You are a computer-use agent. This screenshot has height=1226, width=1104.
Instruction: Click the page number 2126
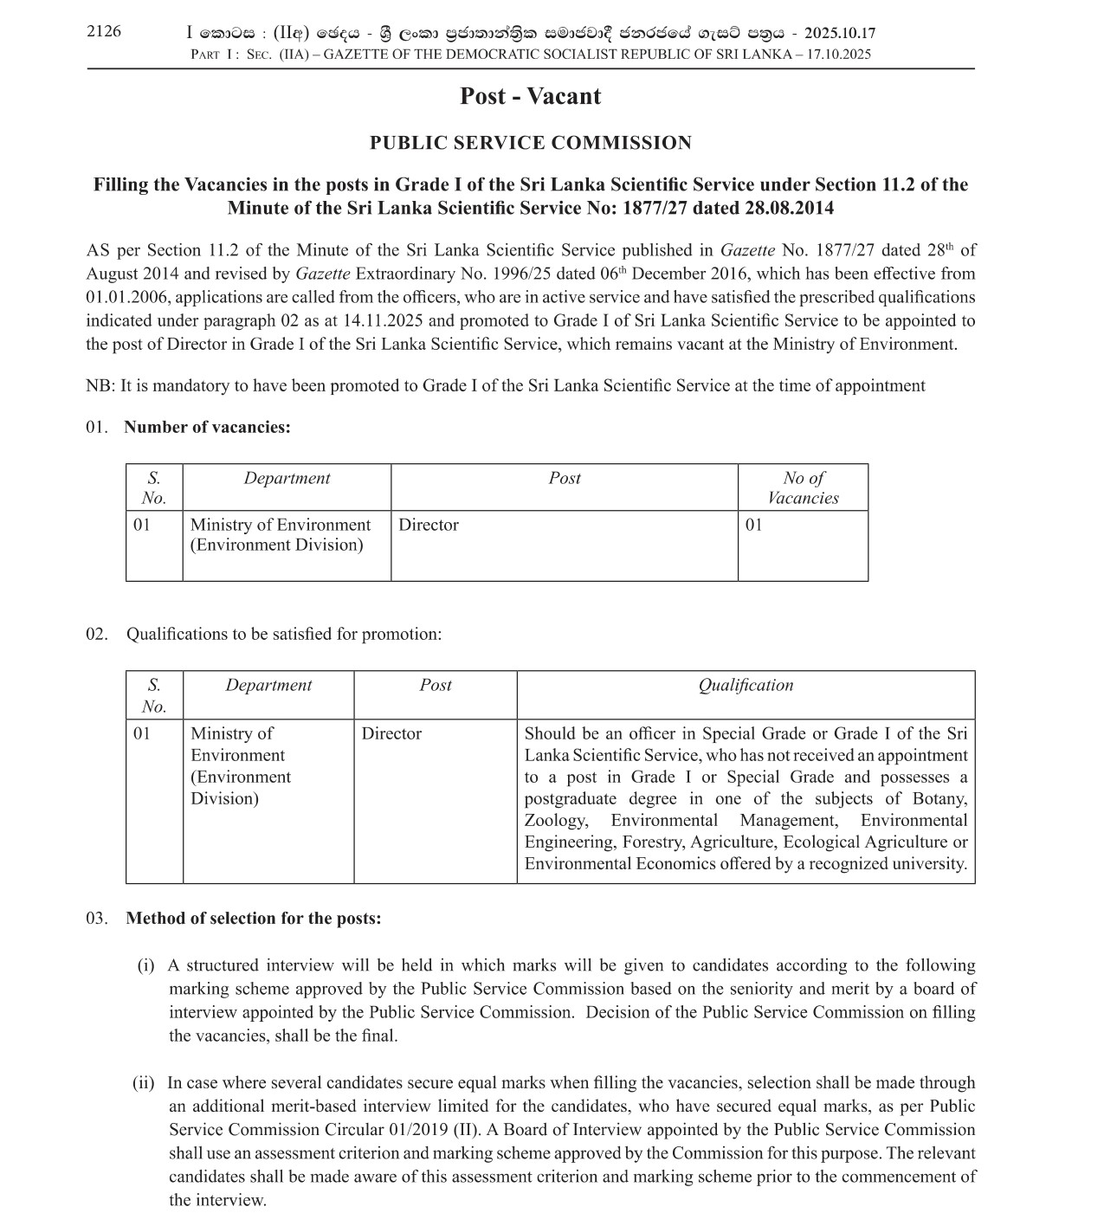[104, 32]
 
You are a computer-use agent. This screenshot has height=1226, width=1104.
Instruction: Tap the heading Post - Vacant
[530, 96]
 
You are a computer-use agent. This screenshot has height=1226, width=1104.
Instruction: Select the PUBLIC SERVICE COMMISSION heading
[530, 143]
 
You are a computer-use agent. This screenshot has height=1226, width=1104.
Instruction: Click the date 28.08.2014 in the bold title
[786, 208]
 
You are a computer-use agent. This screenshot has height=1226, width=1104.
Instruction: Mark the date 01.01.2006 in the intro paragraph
[126, 297]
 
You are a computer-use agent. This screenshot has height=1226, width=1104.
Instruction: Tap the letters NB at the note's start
[99, 386]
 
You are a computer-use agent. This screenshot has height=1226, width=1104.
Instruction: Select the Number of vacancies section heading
[207, 427]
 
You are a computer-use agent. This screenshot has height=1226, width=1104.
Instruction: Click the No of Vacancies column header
[803, 487]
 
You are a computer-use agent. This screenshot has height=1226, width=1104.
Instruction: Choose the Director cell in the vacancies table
[429, 525]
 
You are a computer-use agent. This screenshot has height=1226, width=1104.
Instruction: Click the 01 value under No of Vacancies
[754, 525]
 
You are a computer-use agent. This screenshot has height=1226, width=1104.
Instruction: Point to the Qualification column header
[746, 685]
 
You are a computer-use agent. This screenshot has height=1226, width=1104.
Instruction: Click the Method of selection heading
[253, 918]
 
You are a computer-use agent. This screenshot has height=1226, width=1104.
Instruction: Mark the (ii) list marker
[143, 1083]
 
